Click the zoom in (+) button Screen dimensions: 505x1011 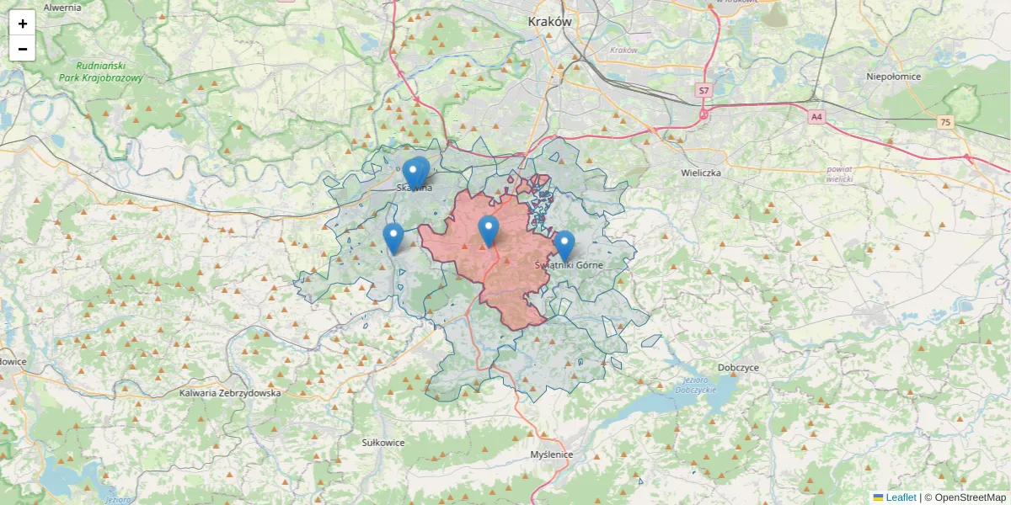22,24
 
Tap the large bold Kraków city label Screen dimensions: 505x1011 549,22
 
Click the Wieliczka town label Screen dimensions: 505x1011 701,173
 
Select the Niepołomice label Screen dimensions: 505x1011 894,77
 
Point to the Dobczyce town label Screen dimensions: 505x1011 739,368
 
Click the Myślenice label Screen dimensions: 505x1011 552,454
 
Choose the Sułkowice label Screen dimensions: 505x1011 383,442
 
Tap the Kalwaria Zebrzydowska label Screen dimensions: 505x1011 230,393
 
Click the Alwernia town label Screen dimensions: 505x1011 62,7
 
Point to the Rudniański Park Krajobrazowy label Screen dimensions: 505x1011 101,72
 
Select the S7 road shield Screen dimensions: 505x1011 704,89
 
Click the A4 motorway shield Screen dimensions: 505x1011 816,117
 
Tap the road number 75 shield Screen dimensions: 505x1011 945,122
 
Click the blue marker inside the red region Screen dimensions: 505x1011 489,230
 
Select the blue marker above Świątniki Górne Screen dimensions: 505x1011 564,245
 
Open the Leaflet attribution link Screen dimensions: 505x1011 900,497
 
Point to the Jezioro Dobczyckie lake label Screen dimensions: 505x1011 695,386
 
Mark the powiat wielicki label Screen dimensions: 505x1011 840,174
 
